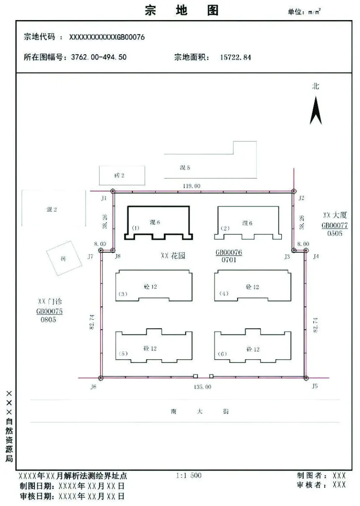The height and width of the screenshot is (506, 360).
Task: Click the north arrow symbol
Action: [316, 111]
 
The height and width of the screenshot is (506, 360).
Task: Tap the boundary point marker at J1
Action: [113, 191]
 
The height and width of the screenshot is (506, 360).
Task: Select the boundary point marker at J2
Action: [294, 191]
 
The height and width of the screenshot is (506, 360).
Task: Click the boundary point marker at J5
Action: [306, 378]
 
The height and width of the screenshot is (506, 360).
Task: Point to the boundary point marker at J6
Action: [101, 378]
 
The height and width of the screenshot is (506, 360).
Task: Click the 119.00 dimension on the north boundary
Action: [191, 186]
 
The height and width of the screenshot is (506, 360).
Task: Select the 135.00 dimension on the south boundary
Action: [202, 387]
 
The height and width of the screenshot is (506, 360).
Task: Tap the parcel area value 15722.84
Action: [235, 58]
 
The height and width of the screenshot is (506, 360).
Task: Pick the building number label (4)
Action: [224, 293]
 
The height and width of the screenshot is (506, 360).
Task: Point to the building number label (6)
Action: [222, 354]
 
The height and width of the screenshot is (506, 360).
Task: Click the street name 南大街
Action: [200, 411]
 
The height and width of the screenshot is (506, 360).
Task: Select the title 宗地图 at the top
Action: [182, 10]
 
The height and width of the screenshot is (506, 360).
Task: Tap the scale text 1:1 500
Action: [189, 475]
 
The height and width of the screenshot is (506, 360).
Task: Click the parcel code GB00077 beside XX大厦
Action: [335, 225]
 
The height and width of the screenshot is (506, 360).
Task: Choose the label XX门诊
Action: [50, 302]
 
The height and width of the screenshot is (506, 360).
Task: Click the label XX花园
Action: [173, 255]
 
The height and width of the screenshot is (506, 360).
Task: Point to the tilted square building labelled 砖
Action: [64, 258]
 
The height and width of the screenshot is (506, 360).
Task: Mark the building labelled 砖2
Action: [122, 175]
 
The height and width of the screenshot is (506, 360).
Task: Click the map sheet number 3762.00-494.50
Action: [99, 57]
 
